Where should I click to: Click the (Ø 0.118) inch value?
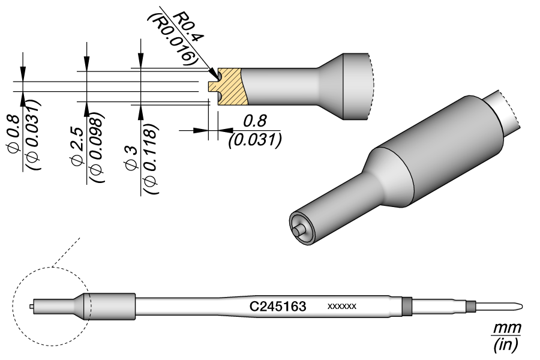[148, 159]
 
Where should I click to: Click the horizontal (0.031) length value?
[255, 140]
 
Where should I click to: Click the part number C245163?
[278, 307]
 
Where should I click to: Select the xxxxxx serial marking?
[342, 307]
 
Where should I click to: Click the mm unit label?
[506, 329]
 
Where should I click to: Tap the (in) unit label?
[506, 345]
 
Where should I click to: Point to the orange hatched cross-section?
[231, 87]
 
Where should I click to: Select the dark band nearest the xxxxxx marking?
[407, 307]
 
